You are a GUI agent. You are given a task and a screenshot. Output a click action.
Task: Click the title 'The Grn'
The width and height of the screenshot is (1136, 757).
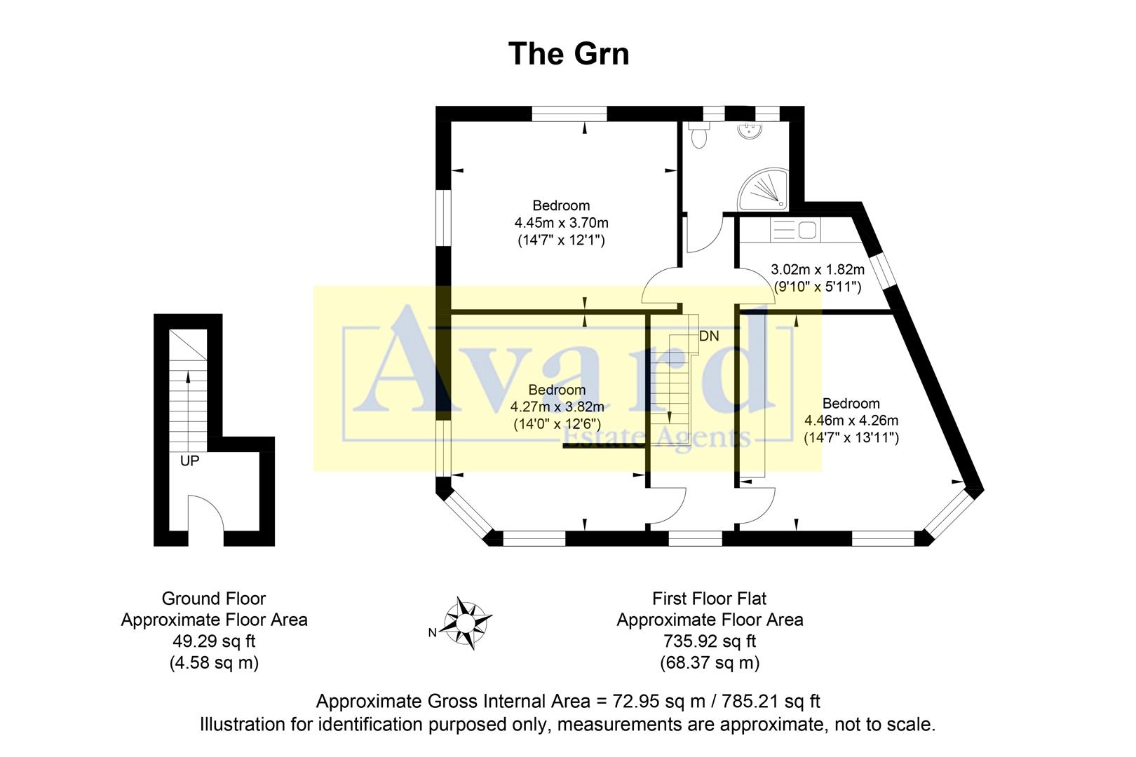(x=568, y=54)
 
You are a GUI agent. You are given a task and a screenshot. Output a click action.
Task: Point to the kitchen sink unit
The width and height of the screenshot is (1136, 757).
(x=794, y=230)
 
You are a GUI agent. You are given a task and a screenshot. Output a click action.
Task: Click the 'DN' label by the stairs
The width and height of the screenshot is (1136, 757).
(x=709, y=336)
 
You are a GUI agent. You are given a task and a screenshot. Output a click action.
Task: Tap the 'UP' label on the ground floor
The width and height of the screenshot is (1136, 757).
(x=189, y=461)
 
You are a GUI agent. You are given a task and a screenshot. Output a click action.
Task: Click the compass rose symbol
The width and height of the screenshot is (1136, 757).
(x=466, y=622)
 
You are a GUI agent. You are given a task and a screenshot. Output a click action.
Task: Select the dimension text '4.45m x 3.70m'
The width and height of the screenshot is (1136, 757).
(x=561, y=223)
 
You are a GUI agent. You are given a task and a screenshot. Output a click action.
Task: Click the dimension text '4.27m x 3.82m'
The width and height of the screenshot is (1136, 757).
(x=557, y=407)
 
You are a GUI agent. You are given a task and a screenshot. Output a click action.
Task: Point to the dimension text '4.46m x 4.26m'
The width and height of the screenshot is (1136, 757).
(x=851, y=421)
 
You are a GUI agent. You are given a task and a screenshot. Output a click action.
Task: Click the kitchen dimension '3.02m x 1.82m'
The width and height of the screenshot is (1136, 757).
(x=818, y=269)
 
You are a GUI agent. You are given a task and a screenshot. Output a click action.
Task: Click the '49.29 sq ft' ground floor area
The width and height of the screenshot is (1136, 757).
(x=214, y=641)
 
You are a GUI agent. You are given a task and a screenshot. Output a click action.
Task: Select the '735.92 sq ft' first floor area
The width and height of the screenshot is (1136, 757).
(x=710, y=641)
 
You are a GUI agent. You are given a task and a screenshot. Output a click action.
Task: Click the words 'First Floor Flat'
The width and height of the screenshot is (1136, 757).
(x=710, y=599)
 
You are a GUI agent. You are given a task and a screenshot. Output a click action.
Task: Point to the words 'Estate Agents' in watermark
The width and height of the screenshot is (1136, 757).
(x=657, y=438)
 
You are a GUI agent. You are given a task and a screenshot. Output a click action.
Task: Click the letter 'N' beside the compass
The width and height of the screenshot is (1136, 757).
(x=433, y=633)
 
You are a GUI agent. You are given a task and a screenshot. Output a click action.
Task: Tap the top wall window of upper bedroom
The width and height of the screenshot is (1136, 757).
(x=569, y=114)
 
